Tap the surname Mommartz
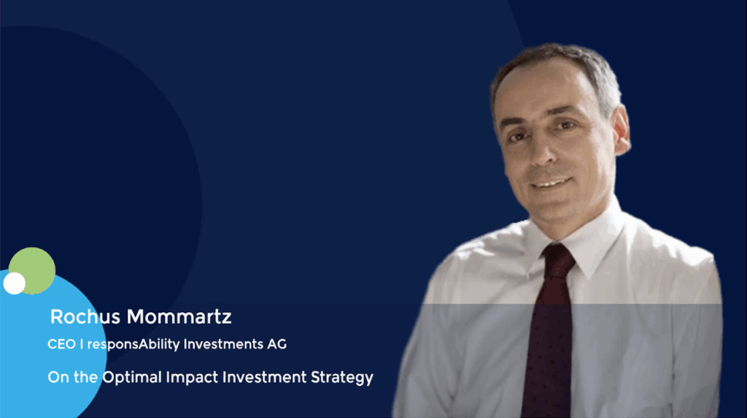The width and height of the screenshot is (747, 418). (x=179, y=317)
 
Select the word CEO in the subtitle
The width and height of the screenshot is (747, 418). (x=61, y=344)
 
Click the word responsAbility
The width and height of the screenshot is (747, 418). (x=133, y=344)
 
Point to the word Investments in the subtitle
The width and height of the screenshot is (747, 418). (x=223, y=344)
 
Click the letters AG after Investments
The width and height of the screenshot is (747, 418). (x=276, y=344)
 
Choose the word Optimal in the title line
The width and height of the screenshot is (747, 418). (x=132, y=377)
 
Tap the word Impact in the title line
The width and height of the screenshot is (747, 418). (x=192, y=377)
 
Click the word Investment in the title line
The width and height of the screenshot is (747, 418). (x=264, y=377)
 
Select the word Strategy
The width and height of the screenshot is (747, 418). (x=342, y=377)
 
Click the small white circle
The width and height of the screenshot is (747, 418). (x=15, y=284)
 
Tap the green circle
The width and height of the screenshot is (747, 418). (x=32, y=270)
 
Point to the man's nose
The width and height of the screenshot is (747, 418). (x=542, y=152)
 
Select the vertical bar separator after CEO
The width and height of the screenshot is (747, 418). (x=82, y=344)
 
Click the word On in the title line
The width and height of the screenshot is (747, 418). (x=58, y=377)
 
